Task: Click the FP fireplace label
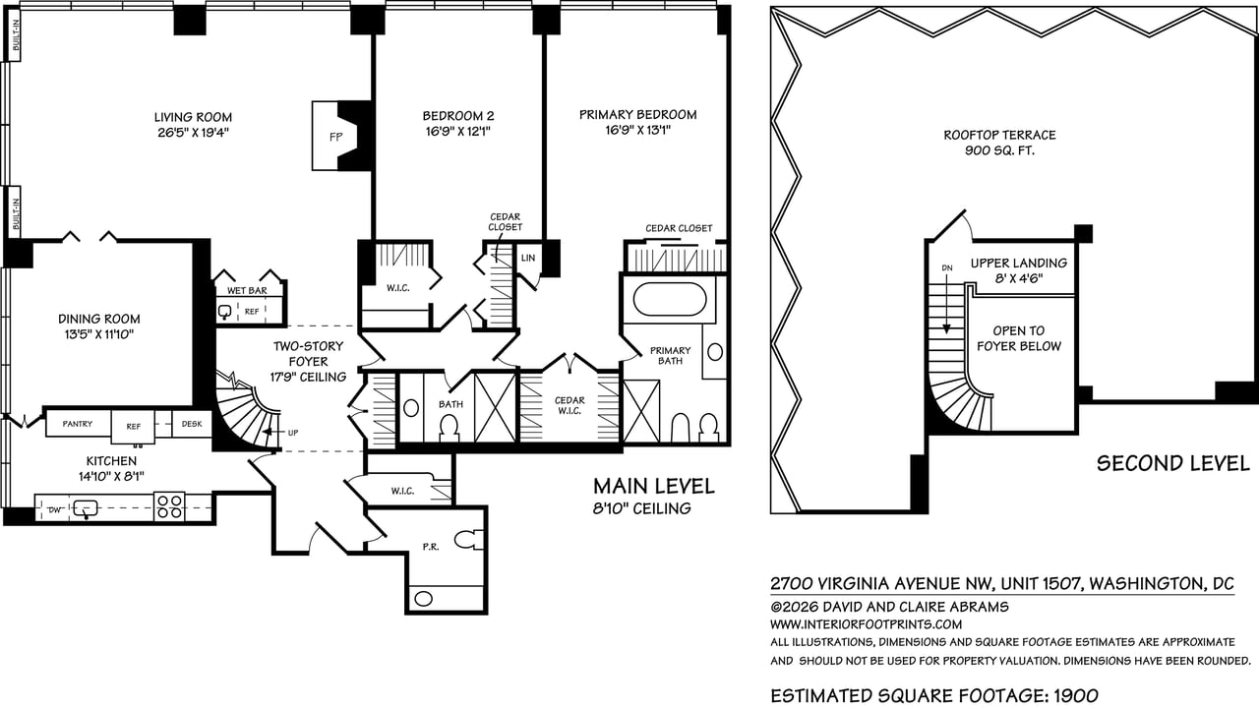click(x=334, y=138)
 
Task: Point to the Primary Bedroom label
click(x=637, y=115)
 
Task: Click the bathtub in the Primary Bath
click(x=669, y=298)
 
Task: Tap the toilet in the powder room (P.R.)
click(x=469, y=540)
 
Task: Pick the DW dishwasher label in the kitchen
click(x=53, y=510)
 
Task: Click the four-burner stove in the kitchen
click(x=169, y=506)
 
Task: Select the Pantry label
click(x=78, y=424)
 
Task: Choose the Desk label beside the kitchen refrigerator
click(x=191, y=424)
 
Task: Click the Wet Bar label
click(x=243, y=291)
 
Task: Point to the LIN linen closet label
click(x=527, y=258)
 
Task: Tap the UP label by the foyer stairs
click(x=292, y=432)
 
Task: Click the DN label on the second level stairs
click(x=947, y=266)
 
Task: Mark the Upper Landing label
click(x=1018, y=264)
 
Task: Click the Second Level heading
click(x=1159, y=463)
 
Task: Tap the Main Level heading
click(x=653, y=487)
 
